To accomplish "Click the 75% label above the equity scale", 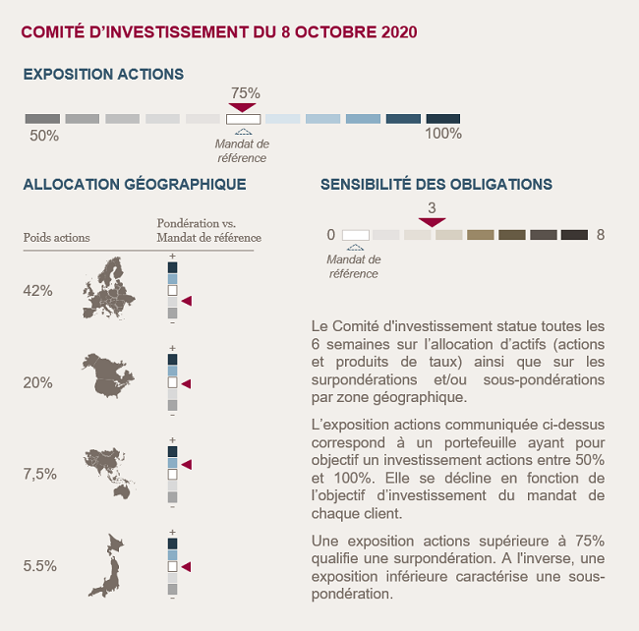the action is tap(246, 92).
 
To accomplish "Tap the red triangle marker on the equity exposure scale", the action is tap(242, 107).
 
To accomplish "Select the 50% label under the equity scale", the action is tap(44, 136).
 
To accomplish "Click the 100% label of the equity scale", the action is tap(443, 134).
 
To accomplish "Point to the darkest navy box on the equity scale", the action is tap(443, 119).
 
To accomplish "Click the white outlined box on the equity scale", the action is tap(243, 119).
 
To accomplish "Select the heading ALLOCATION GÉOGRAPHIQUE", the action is tap(135, 184).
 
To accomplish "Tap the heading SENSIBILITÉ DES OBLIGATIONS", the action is tap(436, 184).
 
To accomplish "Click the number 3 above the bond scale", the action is tap(432, 207).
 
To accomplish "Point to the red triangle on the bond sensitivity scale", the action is tap(432, 222).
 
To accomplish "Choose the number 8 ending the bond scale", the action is tap(601, 235).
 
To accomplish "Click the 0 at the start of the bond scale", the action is tap(331, 235).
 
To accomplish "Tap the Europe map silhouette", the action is tap(108, 288).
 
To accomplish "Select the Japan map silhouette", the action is tap(107, 565).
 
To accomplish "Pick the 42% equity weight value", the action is tap(38, 291).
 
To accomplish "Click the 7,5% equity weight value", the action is tap(40, 474).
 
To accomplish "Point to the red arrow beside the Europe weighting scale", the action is tap(187, 301).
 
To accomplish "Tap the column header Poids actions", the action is tap(57, 238).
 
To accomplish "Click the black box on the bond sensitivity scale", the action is tap(574, 235).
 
